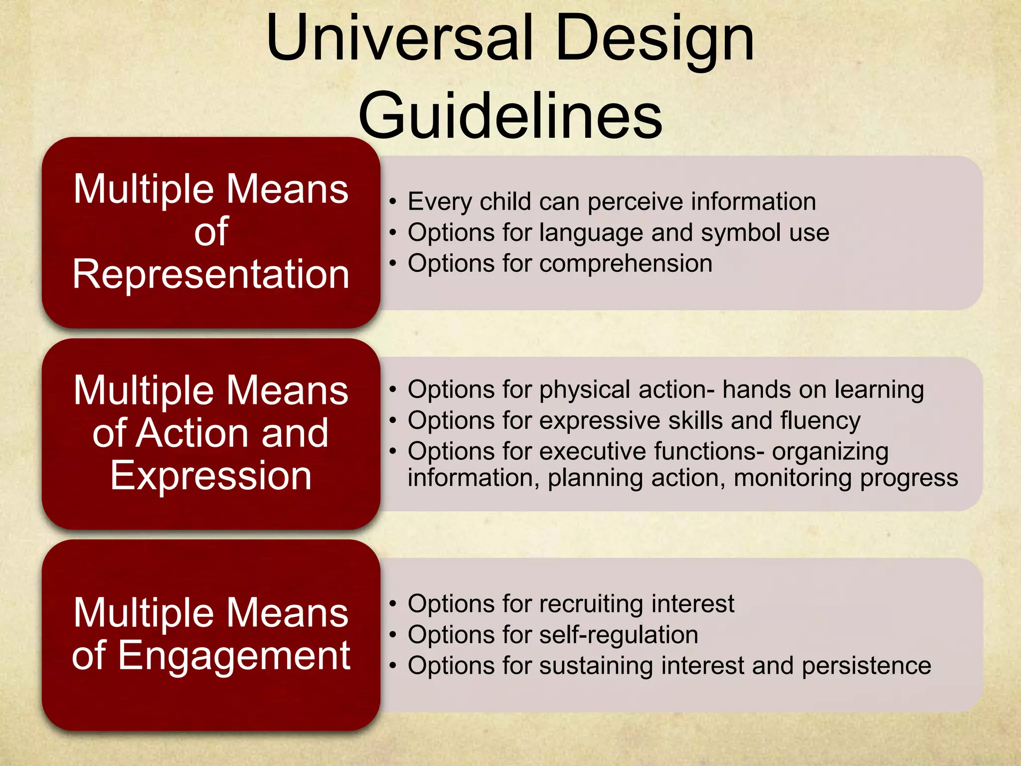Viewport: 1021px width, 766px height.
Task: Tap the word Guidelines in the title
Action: click(x=510, y=116)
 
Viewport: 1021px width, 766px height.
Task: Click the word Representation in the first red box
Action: click(x=211, y=274)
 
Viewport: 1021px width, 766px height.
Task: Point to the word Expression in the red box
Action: click(x=211, y=476)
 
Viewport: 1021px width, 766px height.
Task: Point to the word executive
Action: click(x=593, y=451)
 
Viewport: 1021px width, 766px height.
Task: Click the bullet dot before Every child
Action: click(x=393, y=202)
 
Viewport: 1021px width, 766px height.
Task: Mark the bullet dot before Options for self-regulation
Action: click(x=393, y=635)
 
